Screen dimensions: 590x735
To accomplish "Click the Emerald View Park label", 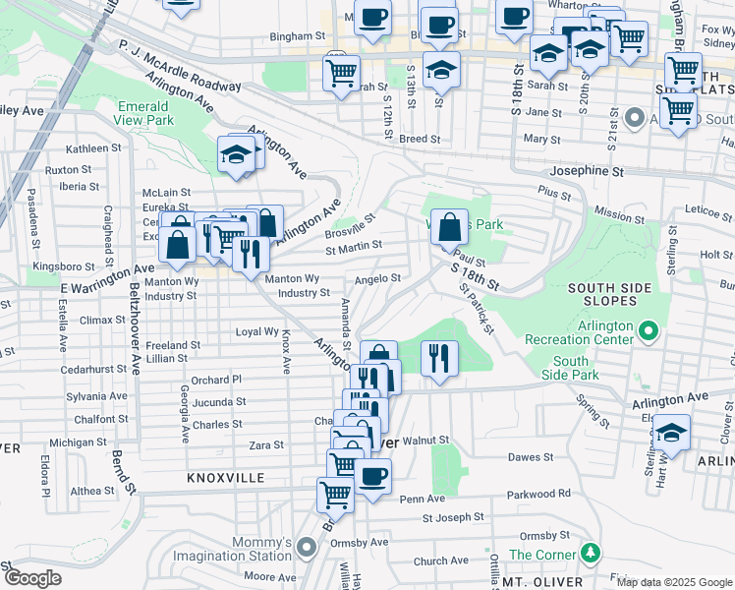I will (144, 113).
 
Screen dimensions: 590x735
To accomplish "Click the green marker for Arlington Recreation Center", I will (649, 329).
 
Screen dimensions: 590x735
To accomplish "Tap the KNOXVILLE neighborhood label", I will (227, 477).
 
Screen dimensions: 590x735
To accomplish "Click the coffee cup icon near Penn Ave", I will (372, 478).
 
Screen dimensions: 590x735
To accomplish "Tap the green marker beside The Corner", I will (590, 553).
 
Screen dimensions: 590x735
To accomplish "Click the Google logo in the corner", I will (31, 578).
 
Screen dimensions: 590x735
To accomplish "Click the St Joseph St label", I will (453, 516).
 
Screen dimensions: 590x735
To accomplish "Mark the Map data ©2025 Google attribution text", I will (674, 582).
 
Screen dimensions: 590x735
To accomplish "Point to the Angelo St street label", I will (377, 278).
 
